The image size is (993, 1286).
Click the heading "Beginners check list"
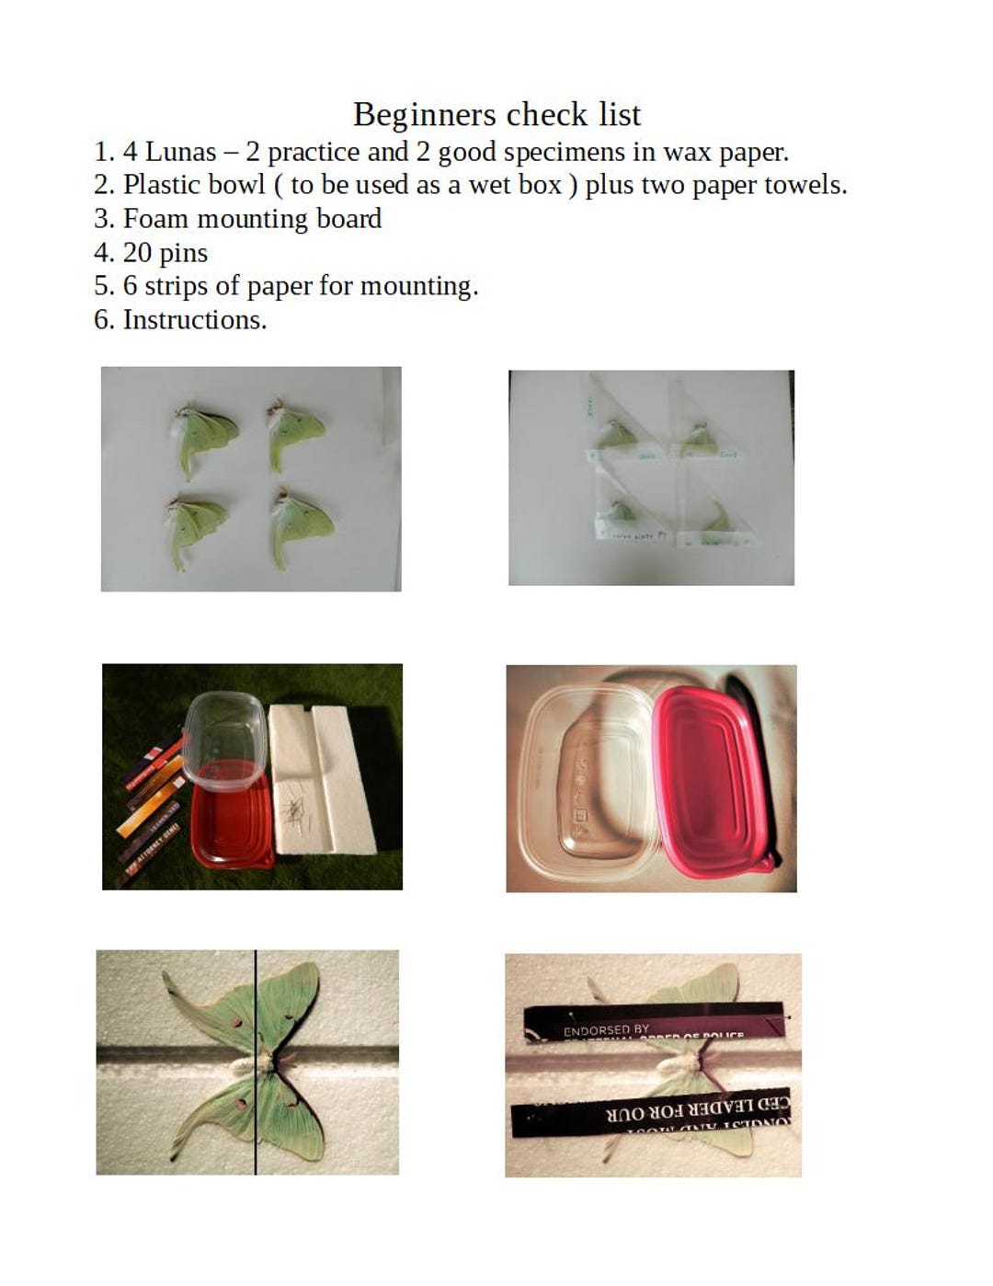(496, 115)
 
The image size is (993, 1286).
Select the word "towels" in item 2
(804, 185)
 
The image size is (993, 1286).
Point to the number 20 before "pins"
(138, 253)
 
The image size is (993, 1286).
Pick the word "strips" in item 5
(176, 286)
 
